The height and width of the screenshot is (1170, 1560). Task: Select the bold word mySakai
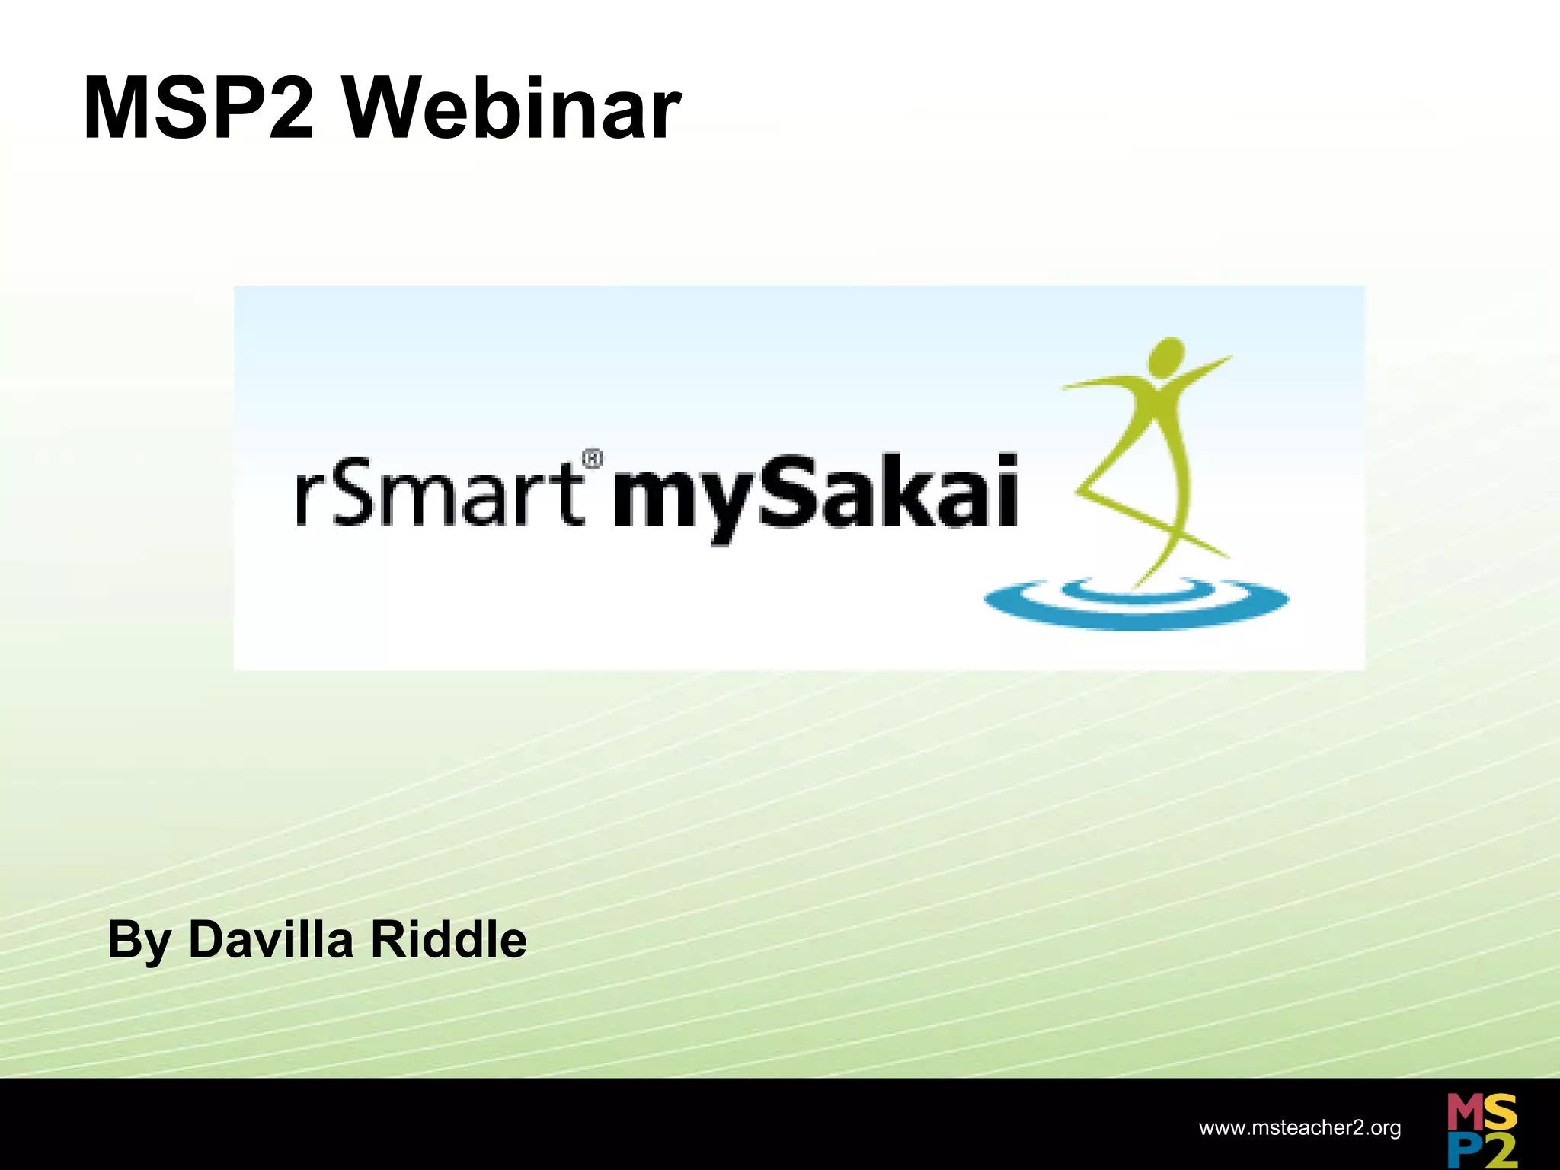tap(815, 495)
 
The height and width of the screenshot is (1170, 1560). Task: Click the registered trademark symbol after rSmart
tap(593, 459)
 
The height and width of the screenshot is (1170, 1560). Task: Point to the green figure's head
tap(1166, 357)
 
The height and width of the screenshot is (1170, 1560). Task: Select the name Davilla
tap(270, 939)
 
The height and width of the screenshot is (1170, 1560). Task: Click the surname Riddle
tap(449, 939)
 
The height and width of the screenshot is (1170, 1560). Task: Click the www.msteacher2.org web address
tap(1299, 1127)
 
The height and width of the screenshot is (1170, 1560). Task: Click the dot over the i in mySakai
tap(1008, 462)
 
